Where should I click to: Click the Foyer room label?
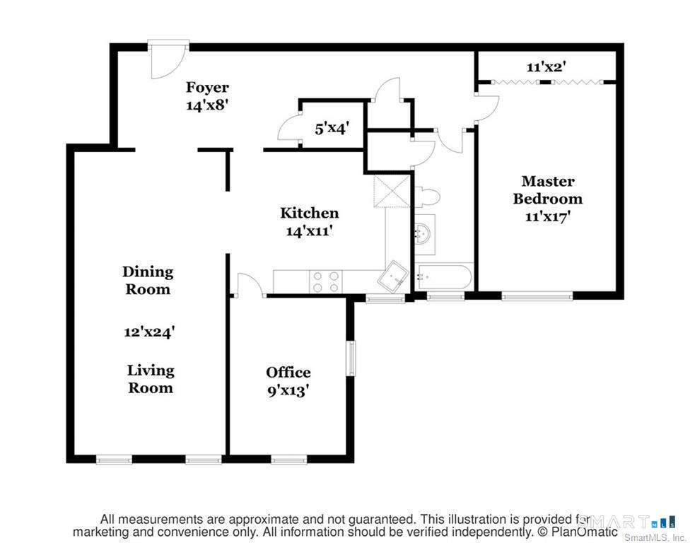click(207, 87)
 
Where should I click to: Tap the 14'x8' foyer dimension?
click(207, 105)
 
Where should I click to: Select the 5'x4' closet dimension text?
click(332, 129)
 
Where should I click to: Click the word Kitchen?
click(310, 213)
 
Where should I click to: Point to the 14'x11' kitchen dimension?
click(309, 230)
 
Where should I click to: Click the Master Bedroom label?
click(547, 189)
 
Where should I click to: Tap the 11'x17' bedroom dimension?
click(548, 216)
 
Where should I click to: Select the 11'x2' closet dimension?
click(546, 67)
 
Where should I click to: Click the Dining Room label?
click(148, 280)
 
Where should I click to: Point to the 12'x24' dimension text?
click(150, 332)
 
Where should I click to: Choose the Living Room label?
click(151, 379)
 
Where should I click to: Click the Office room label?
click(288, 373)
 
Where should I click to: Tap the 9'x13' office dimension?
click(288, 390)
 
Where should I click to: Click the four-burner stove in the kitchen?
click(326, 281)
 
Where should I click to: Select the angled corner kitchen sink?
click(393, 277)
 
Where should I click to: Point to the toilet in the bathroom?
click(427, 197)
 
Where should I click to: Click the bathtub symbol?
click(444, 276)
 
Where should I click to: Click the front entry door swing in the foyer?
click(168, 60)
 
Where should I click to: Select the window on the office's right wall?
click(351, 358)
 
